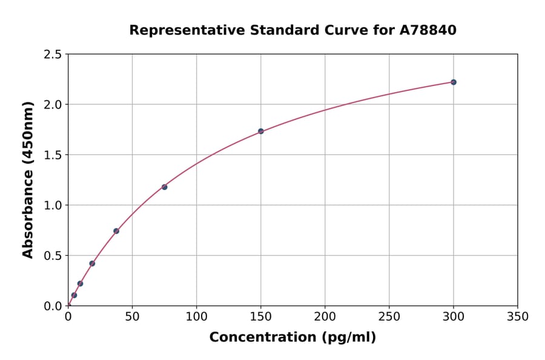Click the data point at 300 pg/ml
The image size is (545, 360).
coord(454,82)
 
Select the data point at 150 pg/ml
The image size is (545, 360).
coord(261,131)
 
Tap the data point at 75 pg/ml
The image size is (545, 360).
coord(164,187)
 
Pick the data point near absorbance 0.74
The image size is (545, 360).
coord(116,231)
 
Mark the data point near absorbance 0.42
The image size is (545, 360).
coord(92,264)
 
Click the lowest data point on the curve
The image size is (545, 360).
coord(74,295)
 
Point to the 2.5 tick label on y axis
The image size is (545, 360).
coord(52,55)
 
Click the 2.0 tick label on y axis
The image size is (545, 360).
coord(52,105)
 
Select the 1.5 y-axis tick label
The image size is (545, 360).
coord(52,155)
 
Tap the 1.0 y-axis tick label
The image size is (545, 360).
coord(52,205)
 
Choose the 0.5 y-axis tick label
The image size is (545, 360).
coord(52,256)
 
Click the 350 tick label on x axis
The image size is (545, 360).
coord(518,316)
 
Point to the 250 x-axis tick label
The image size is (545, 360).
coord(389,316)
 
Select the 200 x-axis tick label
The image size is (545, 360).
coord(325,316)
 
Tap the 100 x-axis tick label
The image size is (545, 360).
coord(196,316)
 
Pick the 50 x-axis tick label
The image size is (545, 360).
coord(132,316)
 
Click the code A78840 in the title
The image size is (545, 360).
coord(428,30)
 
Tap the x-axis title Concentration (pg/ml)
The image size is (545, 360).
coord(292,338)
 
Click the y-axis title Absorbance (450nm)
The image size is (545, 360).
coord(28,179)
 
